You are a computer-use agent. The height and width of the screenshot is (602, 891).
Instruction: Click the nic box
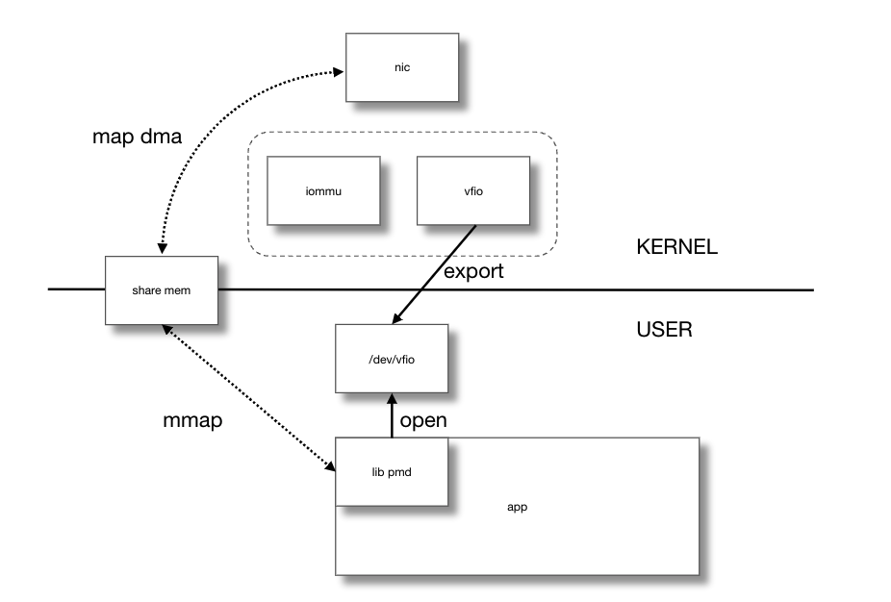pyautogui.click(x=401, y=67)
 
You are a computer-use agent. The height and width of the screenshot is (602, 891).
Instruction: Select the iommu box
pyautogui.click(x=322, y=191)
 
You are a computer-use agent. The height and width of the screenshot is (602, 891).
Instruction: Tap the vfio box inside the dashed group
pyautogui.click(x=472, y=191)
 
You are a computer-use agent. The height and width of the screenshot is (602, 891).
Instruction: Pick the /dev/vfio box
pyautogui.click(x=391, y=358)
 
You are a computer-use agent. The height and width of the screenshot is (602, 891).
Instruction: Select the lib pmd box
pyautogui.click(x=391, y=471)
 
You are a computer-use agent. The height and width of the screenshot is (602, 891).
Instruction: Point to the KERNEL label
pyautogui.click(x=676, y=247)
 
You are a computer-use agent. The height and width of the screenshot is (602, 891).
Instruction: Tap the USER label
pyautogui.click(x=664, y=330)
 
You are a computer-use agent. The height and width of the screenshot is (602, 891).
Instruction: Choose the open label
pyautogui.click(x=423, y=421)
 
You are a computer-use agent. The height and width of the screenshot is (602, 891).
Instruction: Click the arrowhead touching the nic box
pyautogui.click(x=339, y=69)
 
